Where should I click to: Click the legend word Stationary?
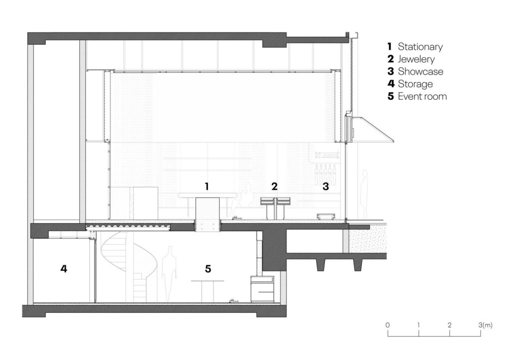(x=420, y=47)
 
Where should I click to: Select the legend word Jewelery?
(x=416, y=59)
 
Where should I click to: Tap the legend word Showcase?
(x=420, y=71)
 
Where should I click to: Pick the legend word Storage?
(x=415, y=84)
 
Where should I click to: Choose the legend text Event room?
(x=422, y=96)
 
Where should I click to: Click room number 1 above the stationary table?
(x=207, y=186)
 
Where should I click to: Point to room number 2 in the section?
(x=274, y=186)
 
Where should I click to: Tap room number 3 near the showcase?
(x=325, y=186)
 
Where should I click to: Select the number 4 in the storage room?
(x=64, y=269)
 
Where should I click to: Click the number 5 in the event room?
(x=208, y=269)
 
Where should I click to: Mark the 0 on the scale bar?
(x=387, y=325)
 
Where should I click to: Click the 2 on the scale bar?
(x=450, y=325)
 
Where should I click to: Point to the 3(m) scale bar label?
(x=485, y=325)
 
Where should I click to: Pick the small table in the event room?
(x=208, y=290)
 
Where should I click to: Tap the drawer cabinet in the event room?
(x=262, y=289)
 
